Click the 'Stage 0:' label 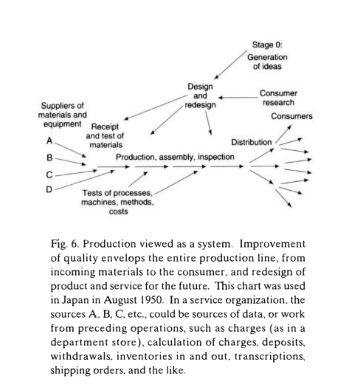pos(267,45)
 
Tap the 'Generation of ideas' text pos(267,62)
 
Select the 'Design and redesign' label pos(200,96)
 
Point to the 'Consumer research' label pos(278,98)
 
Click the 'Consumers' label pos(291,116)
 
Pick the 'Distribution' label pos(251,142)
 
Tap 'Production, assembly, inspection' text pos(175,157)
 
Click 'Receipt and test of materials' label pos(105,136)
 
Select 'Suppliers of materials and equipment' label pos(62,115)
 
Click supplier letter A pos(49,140)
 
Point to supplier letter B pos(49,158)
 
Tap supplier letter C pos(49,175)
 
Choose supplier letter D pos(49,189)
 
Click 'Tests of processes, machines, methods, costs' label pos(118,202)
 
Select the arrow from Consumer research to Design pos(237,97)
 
